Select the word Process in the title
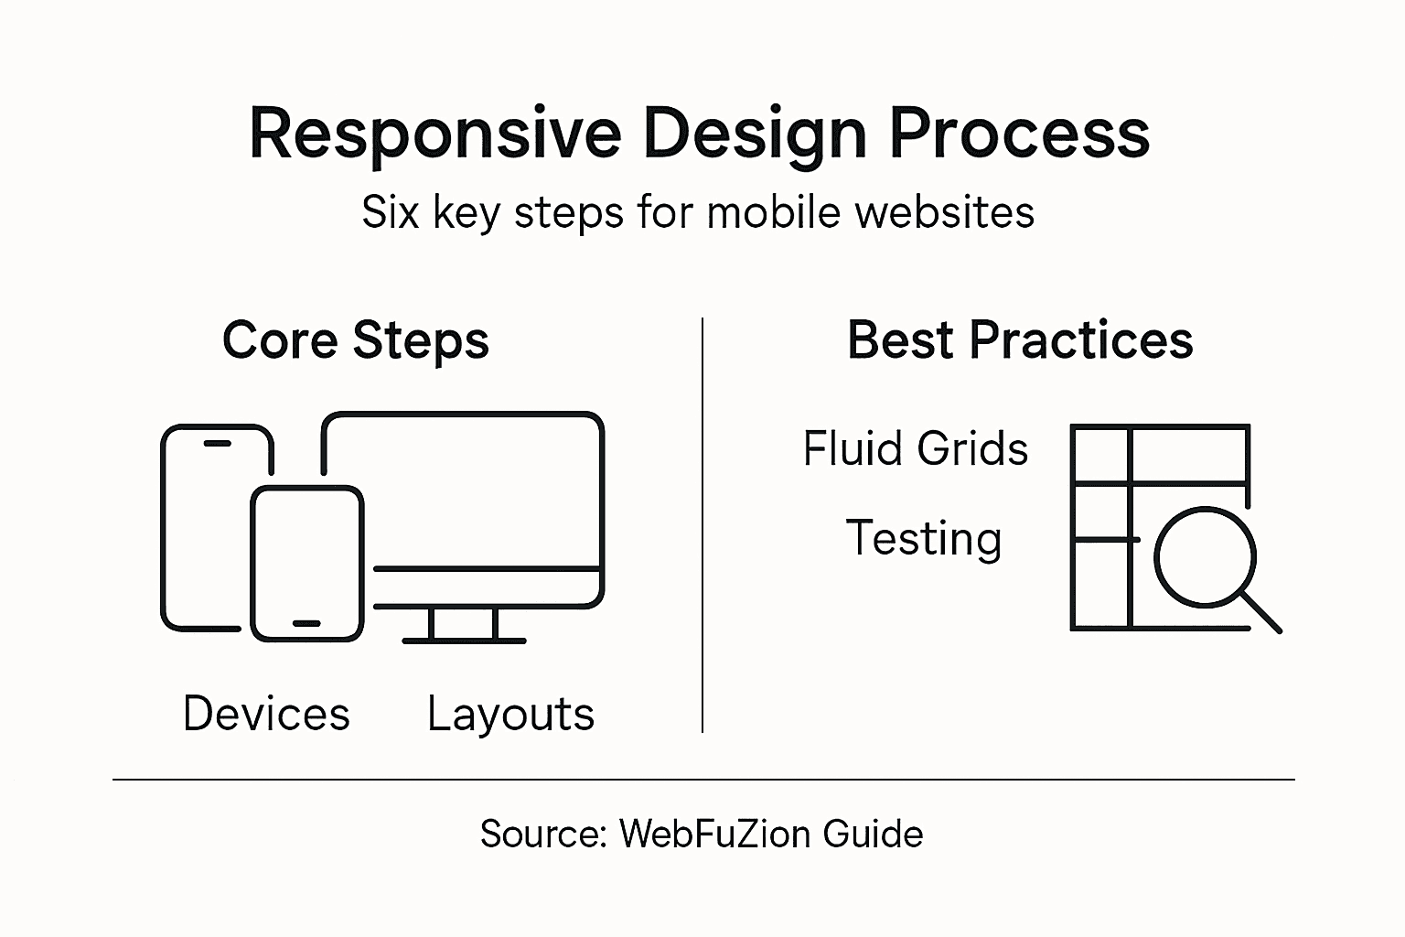coord(1019,135)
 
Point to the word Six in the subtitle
coord(391,212)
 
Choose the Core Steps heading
coord(356,340)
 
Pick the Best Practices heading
coord(1020,340)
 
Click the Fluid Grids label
coord(916,448)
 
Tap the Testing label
coord(924,538)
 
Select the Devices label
coord(266,714)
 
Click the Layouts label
coord(510,714)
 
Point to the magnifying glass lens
coord(1205,556)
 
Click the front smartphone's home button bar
coord(306,623)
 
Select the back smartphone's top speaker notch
coord(217,444)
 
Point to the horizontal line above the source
coord(702,780)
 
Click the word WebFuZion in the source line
coord(714,835)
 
